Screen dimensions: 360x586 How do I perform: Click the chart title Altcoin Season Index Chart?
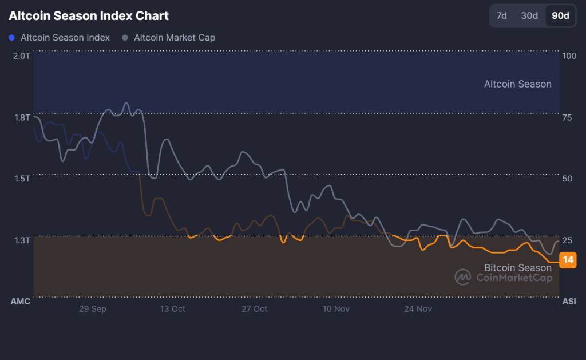tap(89, 16)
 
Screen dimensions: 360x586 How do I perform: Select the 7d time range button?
tap(501, 16)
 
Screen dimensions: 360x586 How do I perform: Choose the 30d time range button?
tap(529, 16)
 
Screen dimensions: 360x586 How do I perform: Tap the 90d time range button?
tap(560, 16)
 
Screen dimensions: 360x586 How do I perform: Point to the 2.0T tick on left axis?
tap(21, 56)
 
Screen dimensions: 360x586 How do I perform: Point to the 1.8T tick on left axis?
tap(21, 117)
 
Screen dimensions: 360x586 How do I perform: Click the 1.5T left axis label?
tap(21, 179)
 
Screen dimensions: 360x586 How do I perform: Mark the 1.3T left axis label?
tap(21, 240)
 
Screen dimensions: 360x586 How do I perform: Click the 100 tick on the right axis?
tap(569, 56)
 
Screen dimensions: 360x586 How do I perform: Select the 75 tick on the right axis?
tap(567, 117)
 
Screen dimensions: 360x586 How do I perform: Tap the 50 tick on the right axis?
tap(567, 179)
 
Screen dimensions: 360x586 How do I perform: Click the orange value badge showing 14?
tap(568, 260)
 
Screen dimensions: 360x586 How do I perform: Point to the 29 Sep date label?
tap(93, 309)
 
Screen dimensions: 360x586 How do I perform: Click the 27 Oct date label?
tap(254, 309)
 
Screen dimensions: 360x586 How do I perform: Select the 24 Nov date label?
tap(418, 309)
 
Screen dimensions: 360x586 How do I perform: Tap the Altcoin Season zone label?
tap(517, 84)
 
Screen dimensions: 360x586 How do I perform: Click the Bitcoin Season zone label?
tap(518, 267)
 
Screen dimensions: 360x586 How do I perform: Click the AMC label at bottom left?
tap(21, 301)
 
